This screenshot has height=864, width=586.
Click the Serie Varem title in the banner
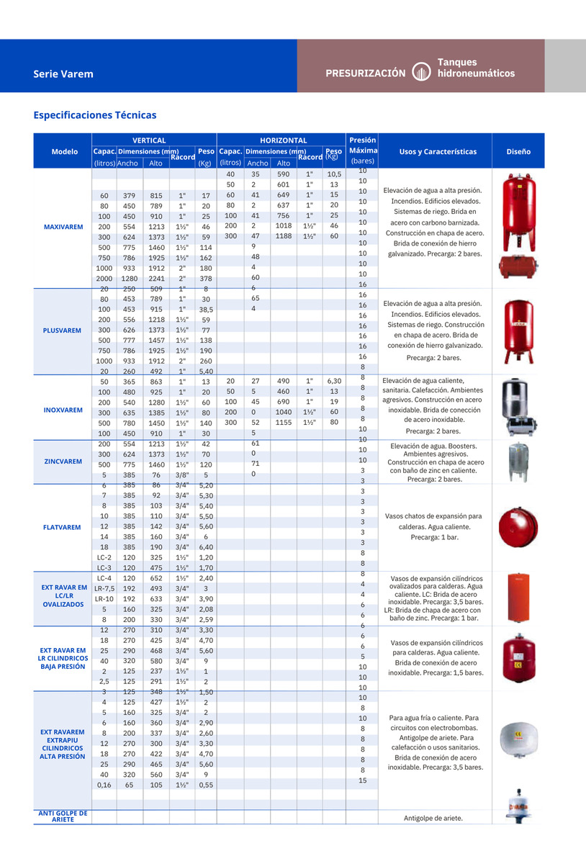(x=63, y=73)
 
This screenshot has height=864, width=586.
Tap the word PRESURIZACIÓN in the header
(x=366, y=73)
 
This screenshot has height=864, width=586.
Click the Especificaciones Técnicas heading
(x=94, y=115)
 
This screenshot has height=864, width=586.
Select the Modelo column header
(x=65, y=152)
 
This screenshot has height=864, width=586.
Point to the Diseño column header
(x=518, y=152)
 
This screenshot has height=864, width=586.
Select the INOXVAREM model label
(x=63, y=410)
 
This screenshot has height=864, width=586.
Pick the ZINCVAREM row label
(x=63, y=461)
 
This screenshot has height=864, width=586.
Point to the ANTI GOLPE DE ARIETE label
(x=63, y=816)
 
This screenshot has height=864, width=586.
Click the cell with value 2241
(x=155, y=279)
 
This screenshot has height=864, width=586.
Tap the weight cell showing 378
(x=206, y=279)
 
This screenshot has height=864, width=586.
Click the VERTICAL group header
(x=149, y=140)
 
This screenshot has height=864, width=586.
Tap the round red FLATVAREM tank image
(x=518, y=526)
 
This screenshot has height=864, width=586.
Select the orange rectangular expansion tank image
(x=518, y=598)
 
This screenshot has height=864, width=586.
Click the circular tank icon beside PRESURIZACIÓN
(x=420, y=73)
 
